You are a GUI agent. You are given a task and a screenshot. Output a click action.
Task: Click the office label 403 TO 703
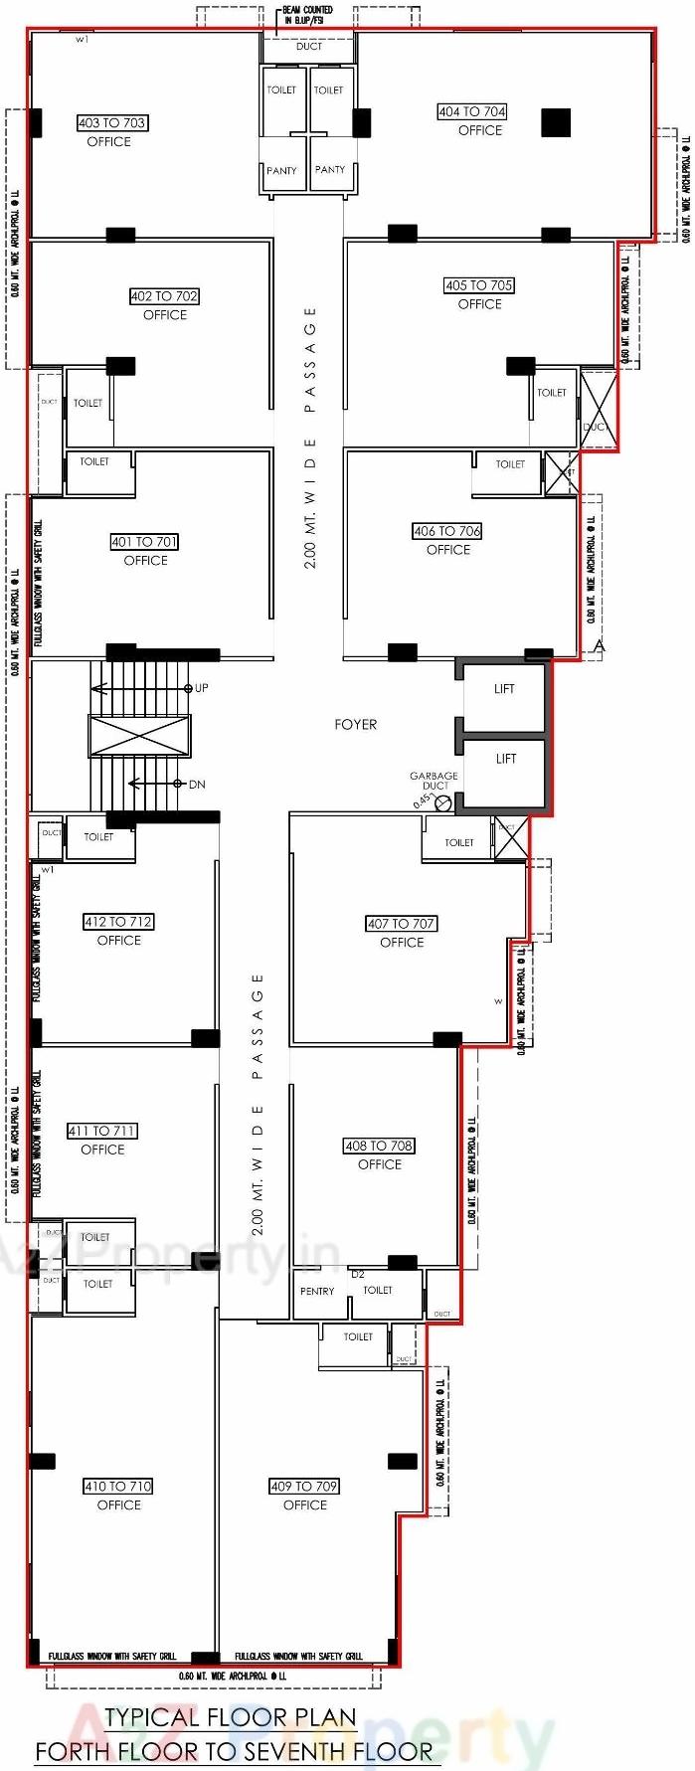[111, 123]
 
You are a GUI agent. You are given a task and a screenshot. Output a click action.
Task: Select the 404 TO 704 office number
[471, 112]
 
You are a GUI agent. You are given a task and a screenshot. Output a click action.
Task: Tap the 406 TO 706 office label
[447, 532]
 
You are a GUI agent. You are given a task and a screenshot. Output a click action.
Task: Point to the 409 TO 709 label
[304, 1487]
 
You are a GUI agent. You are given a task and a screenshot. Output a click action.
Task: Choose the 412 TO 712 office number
[118, 922]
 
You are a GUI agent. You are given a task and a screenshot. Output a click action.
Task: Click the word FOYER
[355, 725]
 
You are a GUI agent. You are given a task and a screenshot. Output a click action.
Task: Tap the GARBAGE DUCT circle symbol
[443, 802]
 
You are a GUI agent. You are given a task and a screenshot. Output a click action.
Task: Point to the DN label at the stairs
[197, 785]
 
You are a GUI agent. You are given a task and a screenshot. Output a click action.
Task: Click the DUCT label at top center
[309, 47]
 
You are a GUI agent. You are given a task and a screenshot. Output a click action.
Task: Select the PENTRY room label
[317, 1292]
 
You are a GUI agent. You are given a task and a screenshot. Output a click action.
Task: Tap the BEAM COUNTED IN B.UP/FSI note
[307, 15]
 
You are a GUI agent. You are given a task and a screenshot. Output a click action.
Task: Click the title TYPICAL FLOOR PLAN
[231, 1717]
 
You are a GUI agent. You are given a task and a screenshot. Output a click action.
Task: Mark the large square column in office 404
[556, 122]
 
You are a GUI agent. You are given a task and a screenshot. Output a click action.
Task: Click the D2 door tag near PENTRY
[358, 1274]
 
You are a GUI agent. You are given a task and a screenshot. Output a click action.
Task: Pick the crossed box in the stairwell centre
[139, 737]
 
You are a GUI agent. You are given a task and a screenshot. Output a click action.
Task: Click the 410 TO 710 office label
[117, 1487]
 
